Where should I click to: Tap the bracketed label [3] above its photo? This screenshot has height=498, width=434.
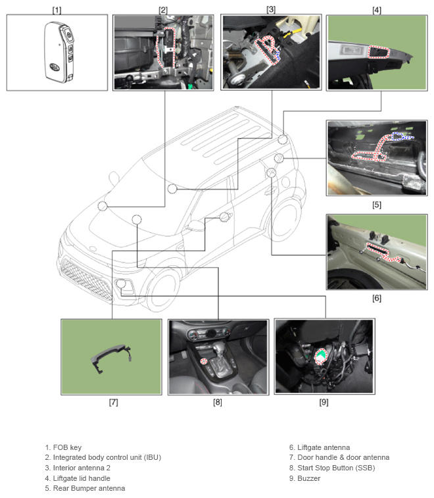(271, 9)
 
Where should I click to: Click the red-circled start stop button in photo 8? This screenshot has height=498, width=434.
(204, 361)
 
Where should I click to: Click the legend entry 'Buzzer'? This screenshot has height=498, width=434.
(304, 478)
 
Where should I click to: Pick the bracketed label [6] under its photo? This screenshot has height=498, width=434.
(376, 298)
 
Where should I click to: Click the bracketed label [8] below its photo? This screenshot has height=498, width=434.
(218, 402)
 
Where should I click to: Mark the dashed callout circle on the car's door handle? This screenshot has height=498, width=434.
(225, 217)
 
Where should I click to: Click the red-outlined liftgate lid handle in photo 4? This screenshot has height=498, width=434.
(379, 52)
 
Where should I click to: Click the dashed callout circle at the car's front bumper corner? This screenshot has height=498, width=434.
(120, 284)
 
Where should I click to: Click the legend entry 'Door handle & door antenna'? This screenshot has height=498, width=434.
(339, 457)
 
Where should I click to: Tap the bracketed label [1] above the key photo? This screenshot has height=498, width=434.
(57, 9)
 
